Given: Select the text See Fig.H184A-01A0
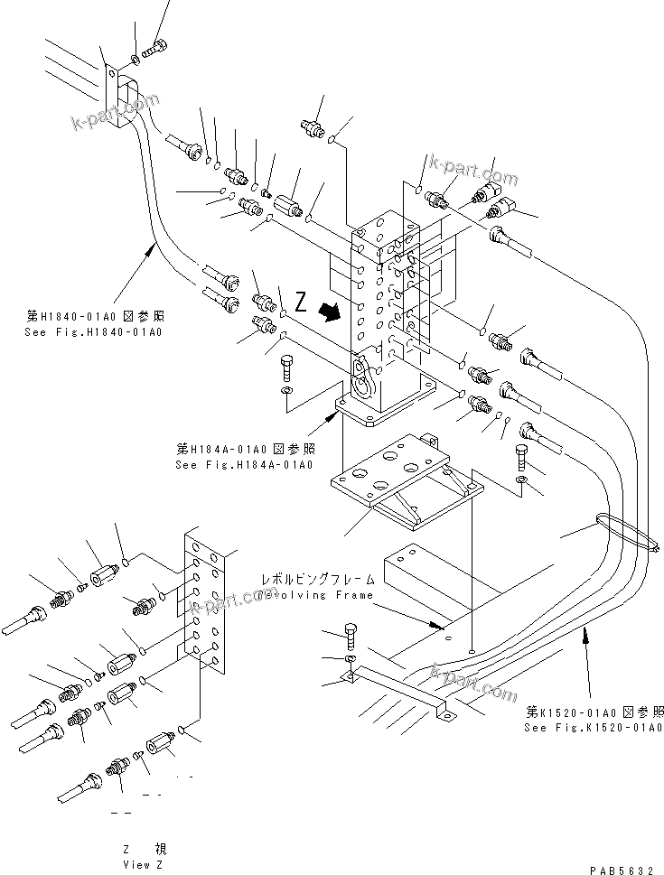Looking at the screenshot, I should [x=244, y=465].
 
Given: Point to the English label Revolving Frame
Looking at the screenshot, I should [x=304, y=596].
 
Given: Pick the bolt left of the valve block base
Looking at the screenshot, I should [x=285, y=368].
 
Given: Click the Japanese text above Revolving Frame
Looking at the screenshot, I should [x=304, y=579].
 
